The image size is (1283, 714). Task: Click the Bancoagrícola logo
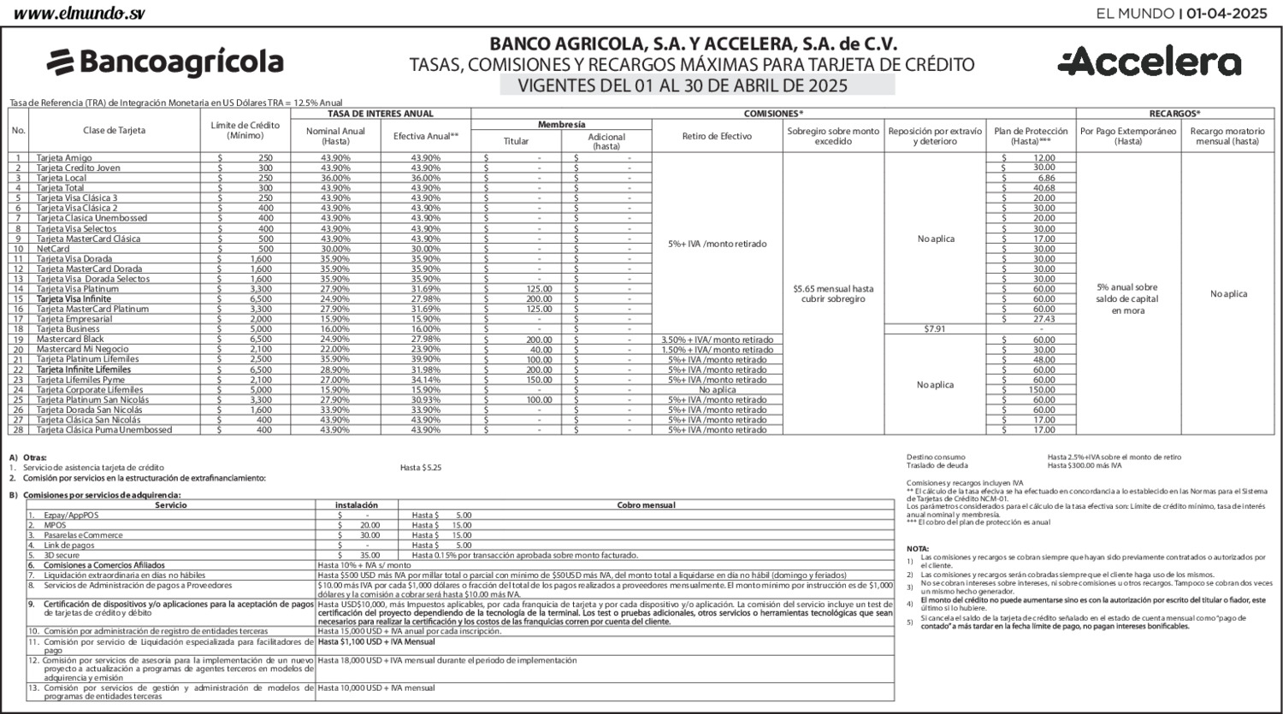165,62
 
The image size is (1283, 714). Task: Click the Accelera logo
1149,62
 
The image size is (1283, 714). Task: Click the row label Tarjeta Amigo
64,158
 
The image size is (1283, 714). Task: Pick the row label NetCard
53,249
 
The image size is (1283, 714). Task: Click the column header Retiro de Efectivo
717,136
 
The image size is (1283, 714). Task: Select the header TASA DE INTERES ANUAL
381,114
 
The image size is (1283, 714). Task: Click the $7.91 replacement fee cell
935,329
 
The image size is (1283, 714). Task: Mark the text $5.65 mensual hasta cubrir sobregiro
833,294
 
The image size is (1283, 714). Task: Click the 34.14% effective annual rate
425,380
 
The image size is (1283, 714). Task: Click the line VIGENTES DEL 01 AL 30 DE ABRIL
682,86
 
